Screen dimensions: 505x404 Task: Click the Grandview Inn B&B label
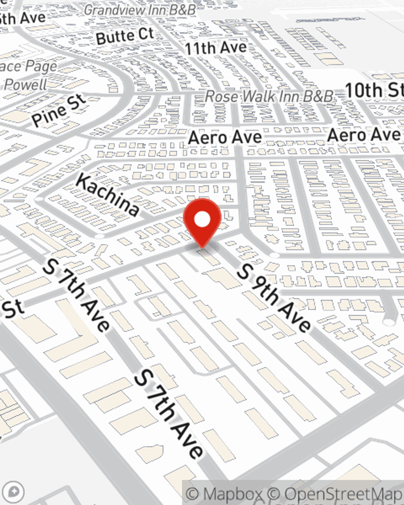point(139,10)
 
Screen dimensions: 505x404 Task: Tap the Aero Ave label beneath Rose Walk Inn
point(225,138)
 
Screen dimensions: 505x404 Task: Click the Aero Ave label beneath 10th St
point(363,135)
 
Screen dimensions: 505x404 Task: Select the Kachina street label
point(107,194)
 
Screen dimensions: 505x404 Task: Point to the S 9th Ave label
point(274,297)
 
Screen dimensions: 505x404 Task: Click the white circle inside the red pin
point(202,220)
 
